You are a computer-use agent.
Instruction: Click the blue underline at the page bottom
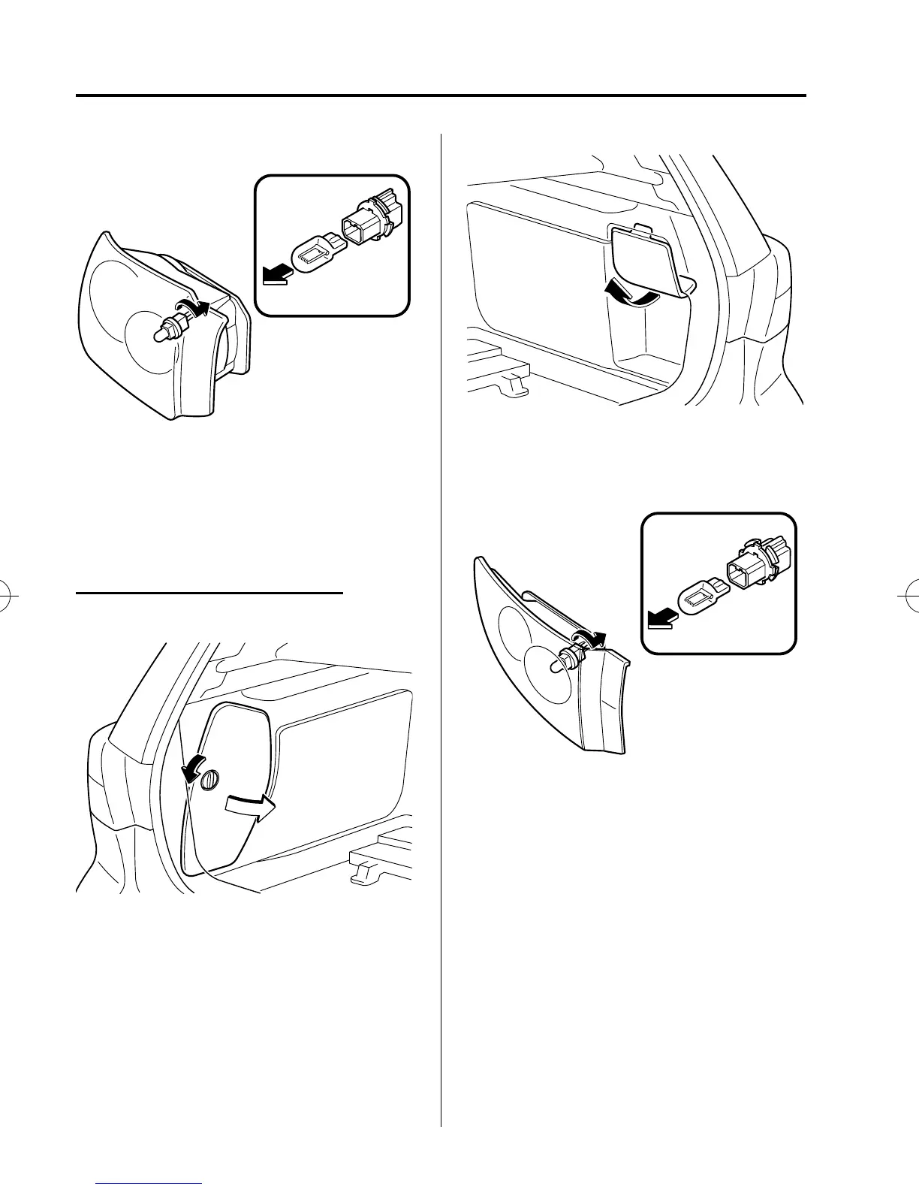(x=149, y=1182)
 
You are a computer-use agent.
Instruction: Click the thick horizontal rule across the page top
(x=441, y=96)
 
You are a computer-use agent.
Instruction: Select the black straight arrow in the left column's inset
(x=275, y=279)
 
